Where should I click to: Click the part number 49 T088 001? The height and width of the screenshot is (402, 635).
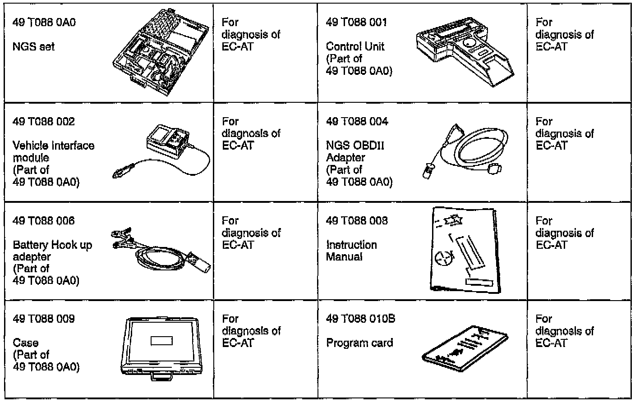[356, 23]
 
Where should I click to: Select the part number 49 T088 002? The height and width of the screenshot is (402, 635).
[44, 122]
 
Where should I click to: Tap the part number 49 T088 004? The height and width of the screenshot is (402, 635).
[357, 122]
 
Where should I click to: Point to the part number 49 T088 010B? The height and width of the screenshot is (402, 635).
[360, 319]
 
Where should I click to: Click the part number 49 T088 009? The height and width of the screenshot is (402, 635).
[44, 319]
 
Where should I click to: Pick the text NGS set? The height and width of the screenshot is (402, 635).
[34, 46]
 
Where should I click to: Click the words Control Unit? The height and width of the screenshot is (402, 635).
[355, 46]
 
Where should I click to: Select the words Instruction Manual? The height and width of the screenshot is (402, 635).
[351, 251]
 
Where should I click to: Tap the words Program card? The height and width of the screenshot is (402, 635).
[359, 343]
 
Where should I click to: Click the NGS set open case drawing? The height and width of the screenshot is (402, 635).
[160, 52]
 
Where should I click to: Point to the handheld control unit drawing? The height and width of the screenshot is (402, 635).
[465, 52]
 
